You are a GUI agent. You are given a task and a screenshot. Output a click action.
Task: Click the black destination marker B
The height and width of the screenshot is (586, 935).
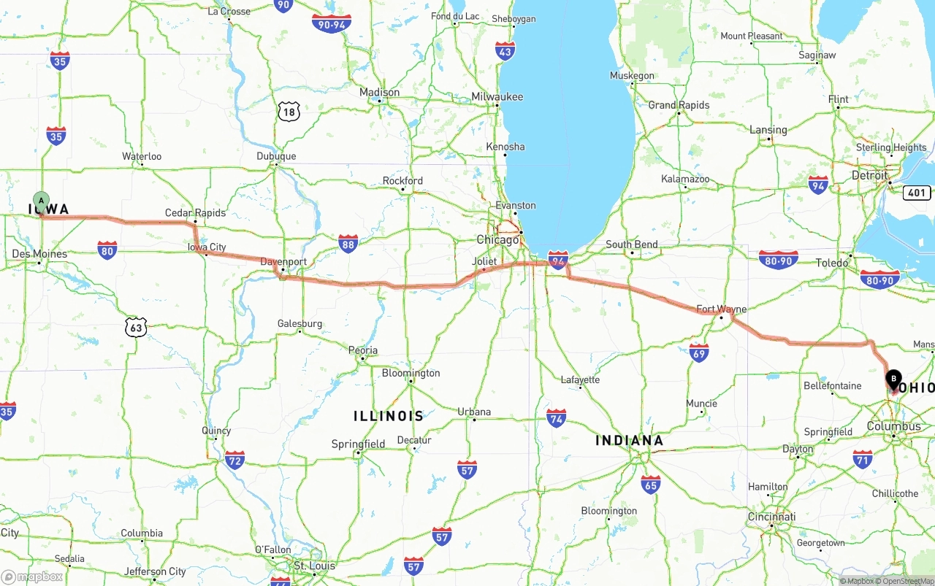(x=893, y=379)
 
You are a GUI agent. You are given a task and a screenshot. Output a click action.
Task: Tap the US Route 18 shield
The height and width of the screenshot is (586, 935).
(x=289, y=112)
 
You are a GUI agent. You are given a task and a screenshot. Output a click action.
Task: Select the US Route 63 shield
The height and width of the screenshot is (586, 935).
(x=135, y=327)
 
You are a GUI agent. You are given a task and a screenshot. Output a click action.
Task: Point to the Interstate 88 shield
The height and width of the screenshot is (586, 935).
(x=348, y=244)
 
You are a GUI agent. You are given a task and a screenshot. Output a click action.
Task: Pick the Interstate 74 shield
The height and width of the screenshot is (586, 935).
(x=557, y=418)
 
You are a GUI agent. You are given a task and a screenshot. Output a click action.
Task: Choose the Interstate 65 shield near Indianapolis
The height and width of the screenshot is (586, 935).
(x=650, y=484)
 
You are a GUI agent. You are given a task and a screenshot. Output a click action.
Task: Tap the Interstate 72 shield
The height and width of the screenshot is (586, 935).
(x=234, y=460)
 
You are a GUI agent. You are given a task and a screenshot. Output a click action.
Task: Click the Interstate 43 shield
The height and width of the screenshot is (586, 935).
(x=505, y=50)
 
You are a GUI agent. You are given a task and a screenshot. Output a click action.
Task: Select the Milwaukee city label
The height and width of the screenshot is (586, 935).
(x=497, y=97)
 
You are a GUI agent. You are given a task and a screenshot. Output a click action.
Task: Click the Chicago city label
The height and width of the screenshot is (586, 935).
(x=497, y=239)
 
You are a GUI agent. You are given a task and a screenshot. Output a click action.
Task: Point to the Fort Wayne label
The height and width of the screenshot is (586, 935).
(x=721, y=309)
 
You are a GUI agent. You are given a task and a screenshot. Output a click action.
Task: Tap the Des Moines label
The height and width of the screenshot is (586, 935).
(x=39, y=254)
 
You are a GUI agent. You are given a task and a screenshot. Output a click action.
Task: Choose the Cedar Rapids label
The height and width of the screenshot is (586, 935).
(x=195, y=213)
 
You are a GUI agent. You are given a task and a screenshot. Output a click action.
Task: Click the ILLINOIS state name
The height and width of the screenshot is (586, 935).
(x=389, y=416)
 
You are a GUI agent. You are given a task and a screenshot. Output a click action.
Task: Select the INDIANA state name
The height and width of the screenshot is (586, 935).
(x=629, y=440)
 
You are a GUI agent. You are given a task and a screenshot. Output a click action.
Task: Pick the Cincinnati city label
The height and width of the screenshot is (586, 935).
(x=771, y=517)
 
